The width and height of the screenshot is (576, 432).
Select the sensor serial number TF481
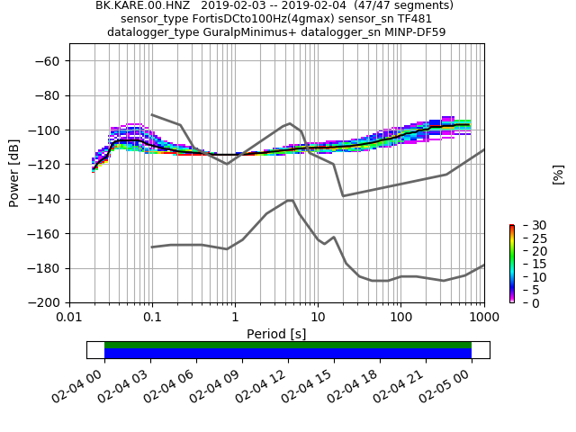tap(415, 19)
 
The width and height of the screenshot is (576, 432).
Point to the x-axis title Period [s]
tap(276, 334)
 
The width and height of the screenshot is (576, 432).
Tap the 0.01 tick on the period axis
tap(69, 317)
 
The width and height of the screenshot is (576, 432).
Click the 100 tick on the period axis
tap(401, 317)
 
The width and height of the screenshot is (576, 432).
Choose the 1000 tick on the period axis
tap(484, 317)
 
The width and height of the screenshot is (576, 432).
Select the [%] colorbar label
tap(558, 174)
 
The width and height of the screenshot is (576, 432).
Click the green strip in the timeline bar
tap(288, 345)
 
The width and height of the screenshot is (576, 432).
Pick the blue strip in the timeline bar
tap(288, 354)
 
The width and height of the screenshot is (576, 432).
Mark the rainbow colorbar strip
tap(511, 264)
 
